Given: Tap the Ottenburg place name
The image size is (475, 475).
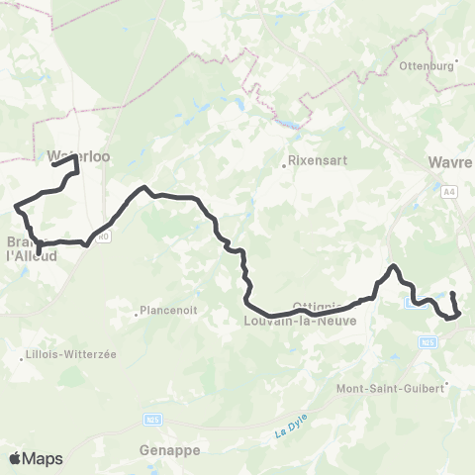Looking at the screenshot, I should (x=427, y=66).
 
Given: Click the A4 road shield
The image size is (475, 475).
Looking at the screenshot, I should (x=449, y=192).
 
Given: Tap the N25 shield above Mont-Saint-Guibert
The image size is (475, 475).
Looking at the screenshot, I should (x=427, y=342).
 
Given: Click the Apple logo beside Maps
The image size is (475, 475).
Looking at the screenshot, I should (x=16, y=458).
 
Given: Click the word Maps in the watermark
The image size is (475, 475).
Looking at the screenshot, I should (x=44, y=458).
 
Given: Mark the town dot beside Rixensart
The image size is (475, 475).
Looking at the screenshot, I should (x=284, y=166).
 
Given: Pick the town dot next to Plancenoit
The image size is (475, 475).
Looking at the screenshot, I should (x=137, y=316).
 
